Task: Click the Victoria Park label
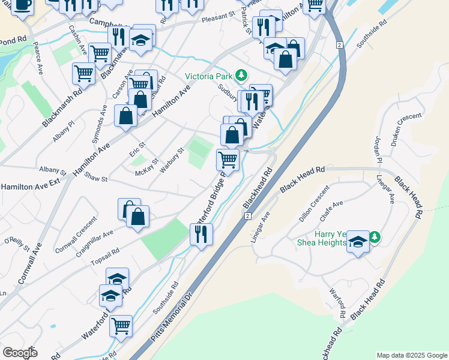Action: click(208, 76)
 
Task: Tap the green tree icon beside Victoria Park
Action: click(241, 76)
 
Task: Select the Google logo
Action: click(20, 353)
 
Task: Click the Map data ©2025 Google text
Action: click(411, 355)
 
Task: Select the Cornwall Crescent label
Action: click(75, 234)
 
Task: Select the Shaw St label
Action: click(95, 178)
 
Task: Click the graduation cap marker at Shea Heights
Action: click(358, 242)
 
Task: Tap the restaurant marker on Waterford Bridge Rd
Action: click(201, 233)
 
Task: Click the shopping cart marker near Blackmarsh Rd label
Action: click(83, 73)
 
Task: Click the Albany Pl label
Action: click(63, 130)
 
